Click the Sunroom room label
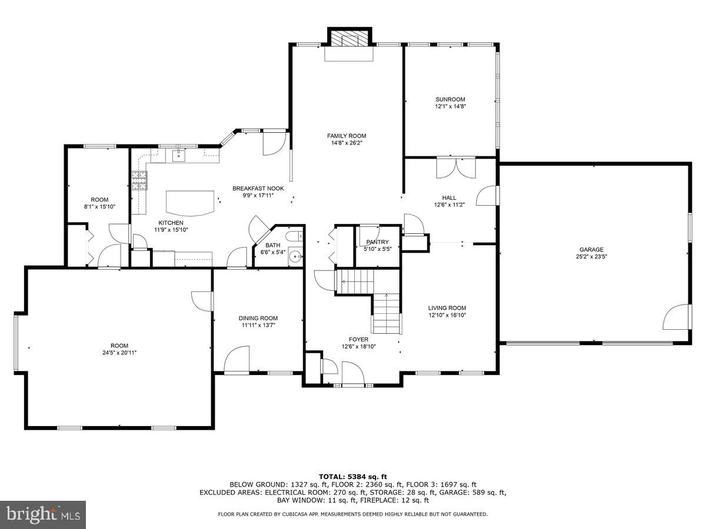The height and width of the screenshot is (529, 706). point(450,99)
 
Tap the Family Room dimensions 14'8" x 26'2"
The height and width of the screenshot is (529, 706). point(347,143)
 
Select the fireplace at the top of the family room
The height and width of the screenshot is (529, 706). point(349,39)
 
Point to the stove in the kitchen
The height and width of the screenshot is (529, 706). point(139,180)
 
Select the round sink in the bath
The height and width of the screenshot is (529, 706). point(296,256)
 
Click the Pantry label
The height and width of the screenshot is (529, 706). point(377,242)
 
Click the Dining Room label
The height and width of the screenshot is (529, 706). point(258,318)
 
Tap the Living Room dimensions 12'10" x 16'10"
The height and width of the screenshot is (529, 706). point(447,315)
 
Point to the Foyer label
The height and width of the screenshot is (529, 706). point(358,339)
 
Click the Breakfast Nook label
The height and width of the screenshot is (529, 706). point(258,188)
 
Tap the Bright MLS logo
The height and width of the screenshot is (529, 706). point(43,514)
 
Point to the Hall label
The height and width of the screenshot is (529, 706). point(449,197)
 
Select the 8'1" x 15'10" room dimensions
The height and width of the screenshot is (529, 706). point(99,207)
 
